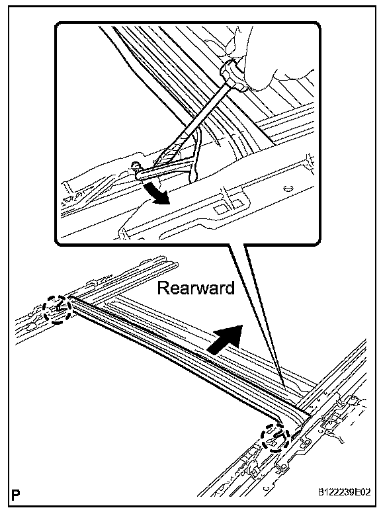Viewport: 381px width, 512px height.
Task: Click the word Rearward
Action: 196,288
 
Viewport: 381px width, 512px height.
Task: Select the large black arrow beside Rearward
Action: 226,339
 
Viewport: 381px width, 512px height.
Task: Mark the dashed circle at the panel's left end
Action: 57,310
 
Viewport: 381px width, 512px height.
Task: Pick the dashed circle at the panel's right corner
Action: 276,437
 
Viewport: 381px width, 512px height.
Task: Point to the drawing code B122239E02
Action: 345,492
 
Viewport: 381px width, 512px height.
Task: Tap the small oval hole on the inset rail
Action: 288,189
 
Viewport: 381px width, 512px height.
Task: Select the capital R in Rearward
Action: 163,288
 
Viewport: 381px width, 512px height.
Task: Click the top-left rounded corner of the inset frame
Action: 59,26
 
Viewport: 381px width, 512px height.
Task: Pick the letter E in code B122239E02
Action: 358,492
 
